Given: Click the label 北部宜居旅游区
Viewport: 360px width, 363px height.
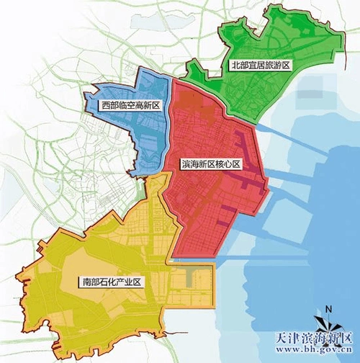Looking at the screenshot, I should pyautogui.click(x=259, y=65).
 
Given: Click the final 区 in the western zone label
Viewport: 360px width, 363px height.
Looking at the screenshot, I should pyautogui.click(x=156, y=106).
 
